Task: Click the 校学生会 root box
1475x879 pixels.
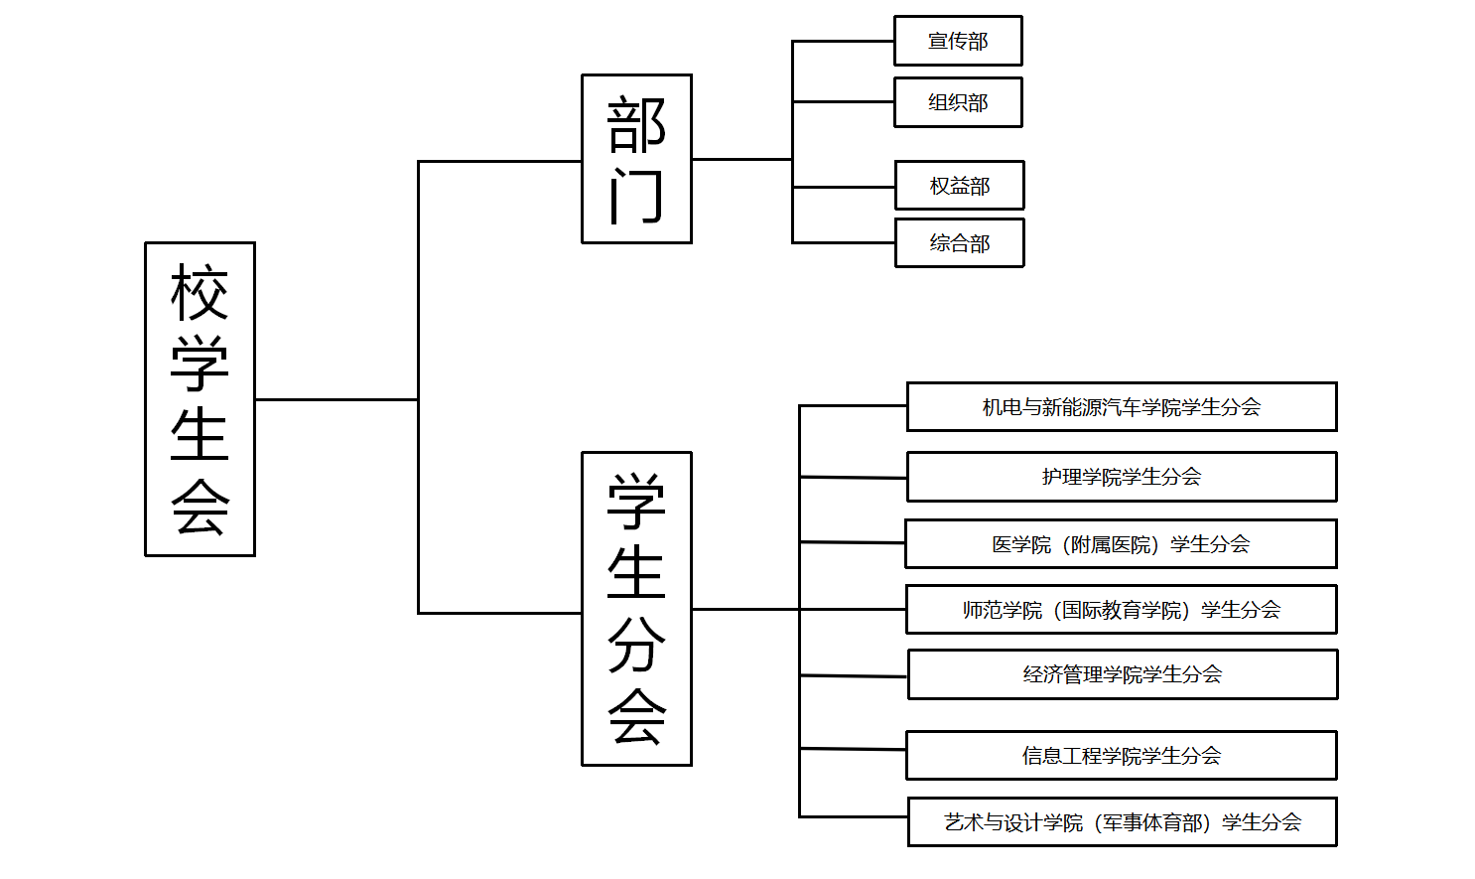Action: point(200,399)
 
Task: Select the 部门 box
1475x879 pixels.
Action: point(636,159)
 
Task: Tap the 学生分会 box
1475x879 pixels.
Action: point(636,609)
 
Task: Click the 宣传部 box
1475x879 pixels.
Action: point(958,41)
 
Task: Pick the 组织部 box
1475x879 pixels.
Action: point(958,102)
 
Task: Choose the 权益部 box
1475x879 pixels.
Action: point(959,186)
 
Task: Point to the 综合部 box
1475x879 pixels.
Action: point(959,243)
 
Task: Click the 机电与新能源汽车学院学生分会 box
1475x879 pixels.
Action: point(1122,406)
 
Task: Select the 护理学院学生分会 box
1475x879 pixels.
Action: point(1122,477)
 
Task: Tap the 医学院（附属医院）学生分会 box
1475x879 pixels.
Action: point(1121,544)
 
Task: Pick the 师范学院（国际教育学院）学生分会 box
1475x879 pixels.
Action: point(1121,610)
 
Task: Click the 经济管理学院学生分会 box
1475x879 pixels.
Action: point(1123,674)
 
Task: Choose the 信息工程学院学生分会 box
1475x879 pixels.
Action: point(1121,756)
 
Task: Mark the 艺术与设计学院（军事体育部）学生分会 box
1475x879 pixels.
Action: point(1122,822)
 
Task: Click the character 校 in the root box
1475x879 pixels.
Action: point(200,293)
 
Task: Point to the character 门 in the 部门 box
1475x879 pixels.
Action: point(636,196)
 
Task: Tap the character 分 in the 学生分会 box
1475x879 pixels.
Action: point(636,645)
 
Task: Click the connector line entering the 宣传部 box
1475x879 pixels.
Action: point(844,42)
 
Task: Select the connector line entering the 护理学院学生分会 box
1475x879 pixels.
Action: point(854,478)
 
